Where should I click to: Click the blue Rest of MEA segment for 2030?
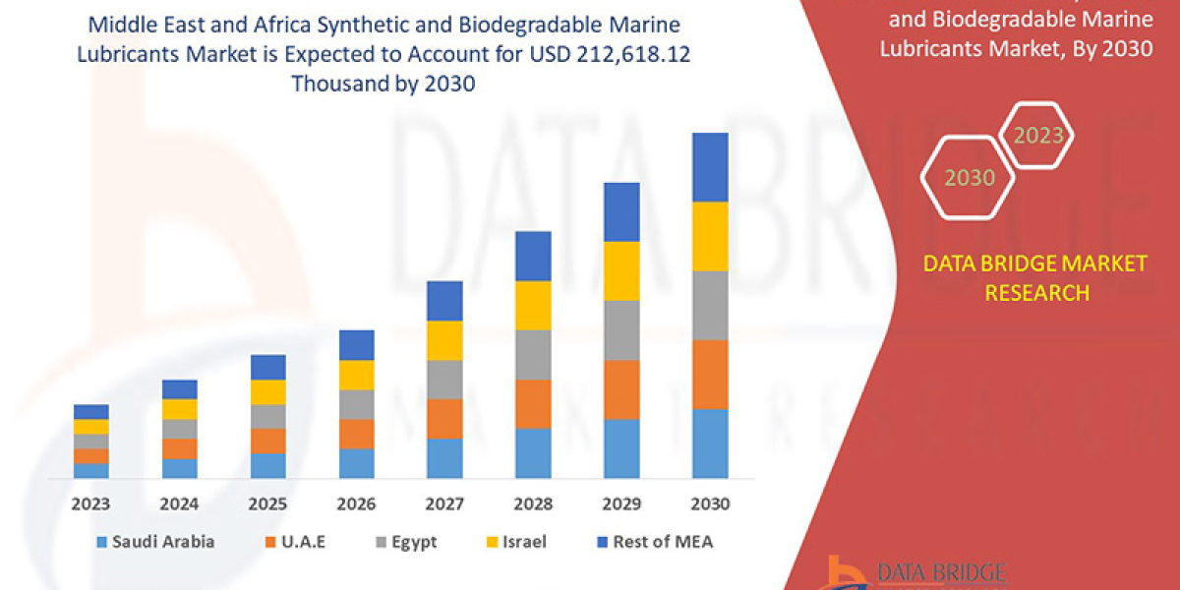pyautogui.click(x=710, y=167)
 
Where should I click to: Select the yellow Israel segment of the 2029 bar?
pyautogui.click(x=621, y=270)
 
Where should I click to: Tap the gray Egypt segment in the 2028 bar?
pyautogui.click(x=533, y=354)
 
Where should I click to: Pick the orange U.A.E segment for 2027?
pyautogui.click(x=444, y=418)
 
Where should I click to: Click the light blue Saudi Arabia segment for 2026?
pyautogui.click(x=356, y=463)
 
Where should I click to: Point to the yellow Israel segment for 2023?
pyautogui.click(x=91, y=427)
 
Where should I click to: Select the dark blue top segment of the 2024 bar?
pyautogui.click(x=180, y=389)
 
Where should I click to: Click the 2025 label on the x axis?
pyautogui.click(x=267, y=504)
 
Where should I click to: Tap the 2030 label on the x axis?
pyautogui.click(x=710, y=504)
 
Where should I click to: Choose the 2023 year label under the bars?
pyautogui.click(x=91, y=504)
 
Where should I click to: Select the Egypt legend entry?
pyautogui.click(x=405, y=542)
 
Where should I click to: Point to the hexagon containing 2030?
pyautogui.click(x=970, y=178)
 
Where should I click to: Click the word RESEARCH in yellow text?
pyautogui.click(x=1035, y=292)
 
